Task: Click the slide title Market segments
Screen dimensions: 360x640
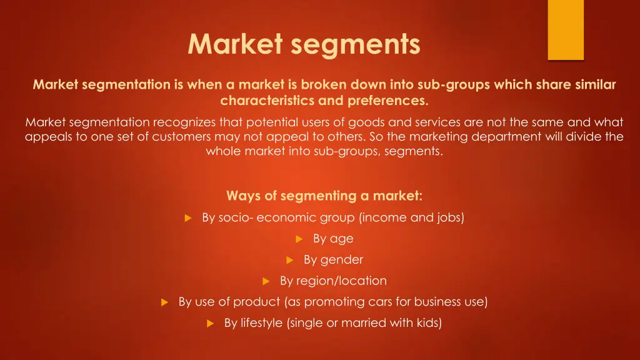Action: click(304, 44)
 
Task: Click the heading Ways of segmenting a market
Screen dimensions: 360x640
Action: click(324, 196)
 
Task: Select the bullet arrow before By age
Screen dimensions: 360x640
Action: click(299, 239)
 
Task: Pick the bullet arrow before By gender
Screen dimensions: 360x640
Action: click(290, 260)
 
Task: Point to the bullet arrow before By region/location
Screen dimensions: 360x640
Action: click(266, 281)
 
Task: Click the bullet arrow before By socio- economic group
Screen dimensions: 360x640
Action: click(187, 218)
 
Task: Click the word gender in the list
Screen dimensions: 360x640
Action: click(342, 260)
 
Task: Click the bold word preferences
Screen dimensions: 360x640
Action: click(389, 101)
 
